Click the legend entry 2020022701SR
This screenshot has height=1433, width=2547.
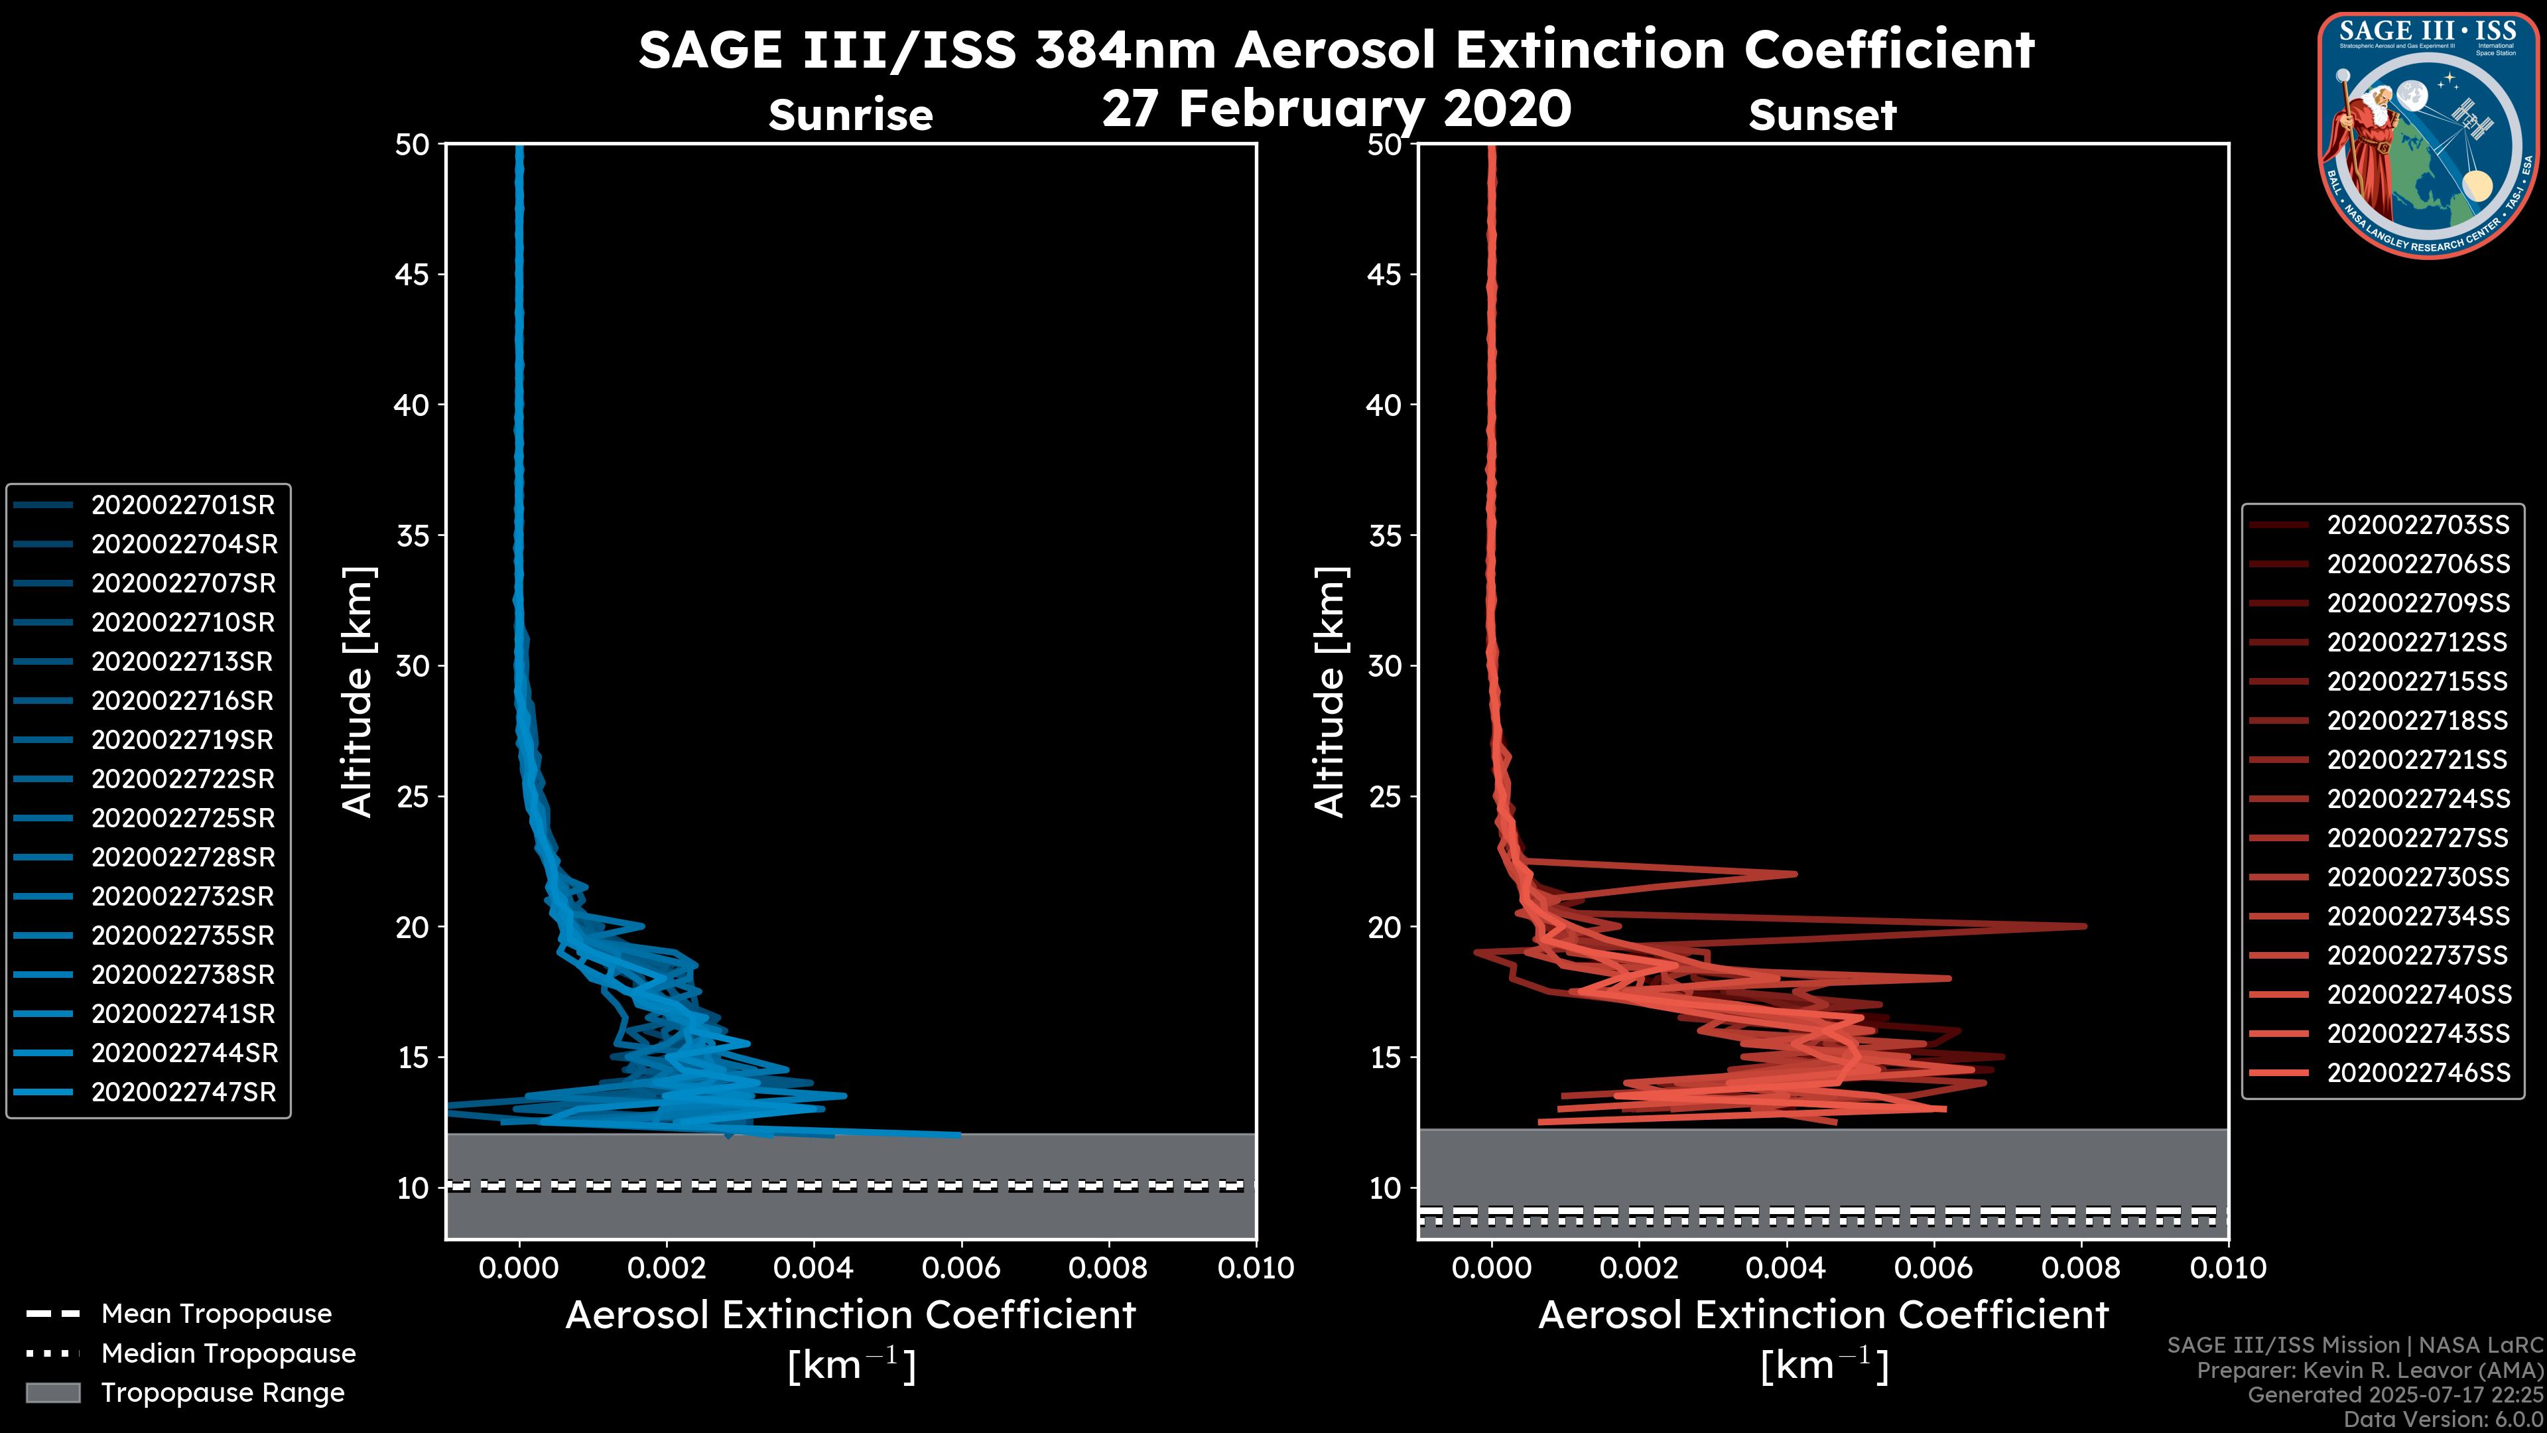tap(183, 506)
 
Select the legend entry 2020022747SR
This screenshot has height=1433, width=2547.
tap(183, 1092)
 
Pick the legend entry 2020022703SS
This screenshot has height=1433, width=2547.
tap(2418, 525)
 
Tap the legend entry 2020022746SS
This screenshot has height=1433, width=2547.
tap(2418, 1072)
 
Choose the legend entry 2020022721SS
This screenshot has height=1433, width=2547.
tap(2418, 760)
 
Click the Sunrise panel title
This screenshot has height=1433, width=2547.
tap(850, 115)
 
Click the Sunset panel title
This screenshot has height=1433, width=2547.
tap(1822, 115)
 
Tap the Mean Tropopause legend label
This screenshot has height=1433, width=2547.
tap(216, 1314)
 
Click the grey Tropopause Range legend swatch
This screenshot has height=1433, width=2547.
tap(52, 1393)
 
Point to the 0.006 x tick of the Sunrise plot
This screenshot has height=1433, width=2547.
tap(960, 1268)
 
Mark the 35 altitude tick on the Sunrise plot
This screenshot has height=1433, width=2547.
tap(413, 536)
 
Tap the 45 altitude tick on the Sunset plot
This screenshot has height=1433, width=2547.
tap(1385, 275)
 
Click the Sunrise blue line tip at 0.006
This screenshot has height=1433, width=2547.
tap(958, 1134)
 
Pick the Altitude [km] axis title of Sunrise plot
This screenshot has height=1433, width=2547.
tap(357, 691)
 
